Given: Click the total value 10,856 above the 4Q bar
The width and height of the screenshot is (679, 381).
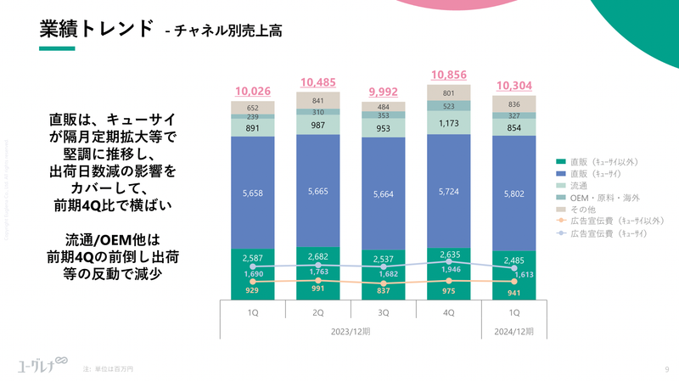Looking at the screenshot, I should click(449, 75).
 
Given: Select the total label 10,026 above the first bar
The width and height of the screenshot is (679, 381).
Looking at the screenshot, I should click(252, 92).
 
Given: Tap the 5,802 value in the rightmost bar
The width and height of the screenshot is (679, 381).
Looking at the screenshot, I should click(514, 193).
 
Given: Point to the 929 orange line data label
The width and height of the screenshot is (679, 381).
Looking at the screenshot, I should click(252, 291).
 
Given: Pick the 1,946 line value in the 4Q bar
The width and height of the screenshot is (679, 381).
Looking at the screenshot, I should click(449, 269).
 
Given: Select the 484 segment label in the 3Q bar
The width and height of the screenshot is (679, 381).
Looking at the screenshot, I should click(383, 106).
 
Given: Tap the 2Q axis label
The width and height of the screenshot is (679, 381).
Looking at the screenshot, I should click(317, 312).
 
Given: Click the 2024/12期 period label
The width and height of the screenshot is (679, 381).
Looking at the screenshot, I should click(514, 331).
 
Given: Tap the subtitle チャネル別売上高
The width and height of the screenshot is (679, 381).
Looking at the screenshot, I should click(228, 32).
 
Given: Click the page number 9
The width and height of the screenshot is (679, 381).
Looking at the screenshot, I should click(666, 369).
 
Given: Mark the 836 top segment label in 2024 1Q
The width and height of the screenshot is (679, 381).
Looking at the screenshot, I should click(514, 104).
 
